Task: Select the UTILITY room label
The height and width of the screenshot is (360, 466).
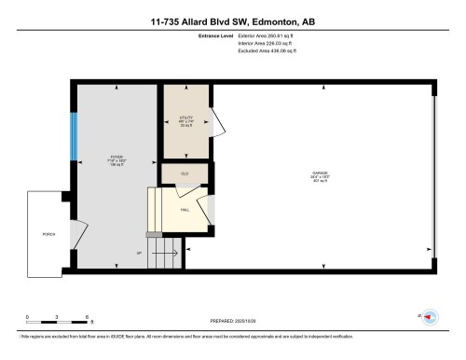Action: point(185,119)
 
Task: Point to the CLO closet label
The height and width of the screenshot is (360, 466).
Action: point(184,173)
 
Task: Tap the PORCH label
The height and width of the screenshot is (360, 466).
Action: point(46,233)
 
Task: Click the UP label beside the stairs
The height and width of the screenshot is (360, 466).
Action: point(139,253)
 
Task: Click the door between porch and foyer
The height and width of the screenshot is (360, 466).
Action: point(80,234)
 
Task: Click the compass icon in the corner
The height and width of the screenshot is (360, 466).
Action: point(430,316)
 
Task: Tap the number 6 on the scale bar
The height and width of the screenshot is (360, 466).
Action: point(87,316)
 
